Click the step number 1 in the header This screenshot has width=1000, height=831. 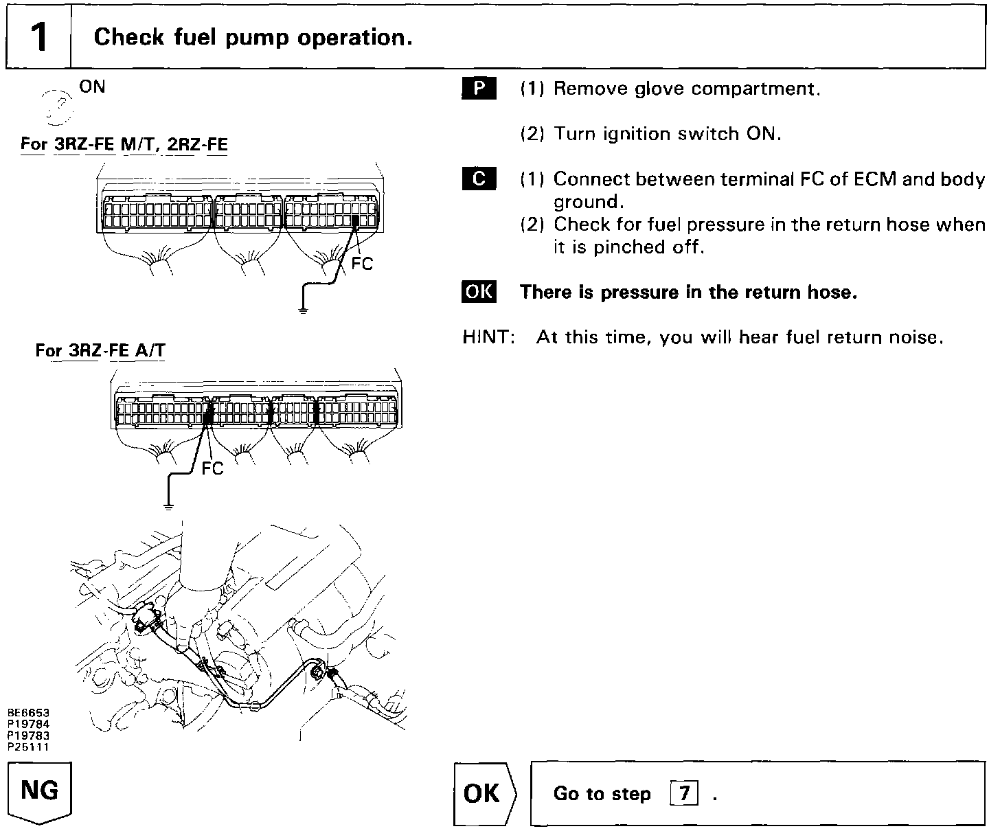click(38, 38)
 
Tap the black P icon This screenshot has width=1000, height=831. click(479, 89)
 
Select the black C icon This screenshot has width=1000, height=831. click(479, 179)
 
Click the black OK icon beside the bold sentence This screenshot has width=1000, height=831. click(479, 292)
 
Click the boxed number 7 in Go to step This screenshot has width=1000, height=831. click(683, 794)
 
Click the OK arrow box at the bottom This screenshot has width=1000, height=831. click(483, 794)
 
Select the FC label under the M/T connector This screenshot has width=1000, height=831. click(361, 264)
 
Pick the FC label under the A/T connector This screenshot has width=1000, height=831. click(212, 468)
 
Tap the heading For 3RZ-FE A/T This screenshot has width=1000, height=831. click(100, 351)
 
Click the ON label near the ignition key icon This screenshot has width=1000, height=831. click(92, 87)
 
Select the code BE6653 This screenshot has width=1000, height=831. click(28, 713)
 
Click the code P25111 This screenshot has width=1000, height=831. click(28, 748)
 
